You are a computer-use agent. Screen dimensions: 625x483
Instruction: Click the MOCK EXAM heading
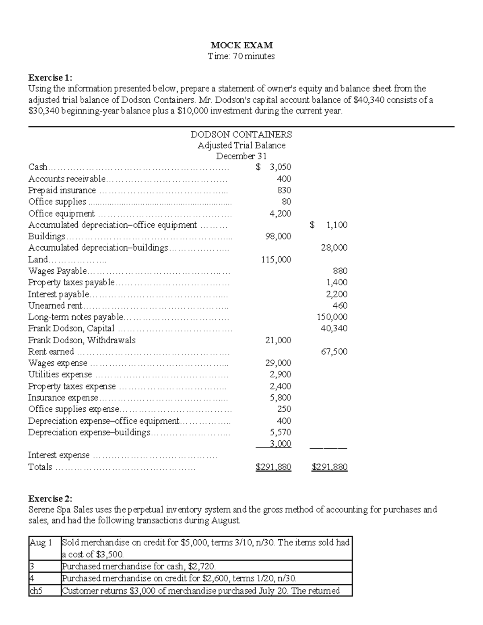[242, 45]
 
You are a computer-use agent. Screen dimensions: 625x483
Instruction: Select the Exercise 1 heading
[50, 77]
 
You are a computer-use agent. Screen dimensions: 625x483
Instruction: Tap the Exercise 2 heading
[50, 499]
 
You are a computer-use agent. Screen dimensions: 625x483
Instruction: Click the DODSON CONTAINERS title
[241, 134]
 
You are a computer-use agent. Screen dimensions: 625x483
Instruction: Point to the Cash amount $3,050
[274, 167]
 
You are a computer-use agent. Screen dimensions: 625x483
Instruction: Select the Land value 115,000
[276, 260]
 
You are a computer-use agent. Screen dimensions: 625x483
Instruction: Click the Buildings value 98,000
[278, 236]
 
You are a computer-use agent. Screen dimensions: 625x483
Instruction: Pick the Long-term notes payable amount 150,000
[332, 317]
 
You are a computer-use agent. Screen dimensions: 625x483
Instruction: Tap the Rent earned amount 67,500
[334, 351]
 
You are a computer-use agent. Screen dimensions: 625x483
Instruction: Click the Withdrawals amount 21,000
[278, 340]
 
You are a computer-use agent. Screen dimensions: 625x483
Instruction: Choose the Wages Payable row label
[58, 271]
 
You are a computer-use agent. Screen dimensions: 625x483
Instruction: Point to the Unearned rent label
[55, 305]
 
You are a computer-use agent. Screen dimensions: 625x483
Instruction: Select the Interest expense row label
[59, 455]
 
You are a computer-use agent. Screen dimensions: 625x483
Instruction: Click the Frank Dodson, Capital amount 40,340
[334, 328]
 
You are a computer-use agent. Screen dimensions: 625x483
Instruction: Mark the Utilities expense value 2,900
[281, 374]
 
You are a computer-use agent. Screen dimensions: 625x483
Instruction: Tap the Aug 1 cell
[41, 542]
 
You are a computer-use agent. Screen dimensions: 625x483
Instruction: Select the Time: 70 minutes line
[241, 56]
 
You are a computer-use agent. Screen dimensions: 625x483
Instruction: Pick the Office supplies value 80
[286, 202]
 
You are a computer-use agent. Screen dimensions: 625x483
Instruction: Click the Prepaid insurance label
[62, 190]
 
